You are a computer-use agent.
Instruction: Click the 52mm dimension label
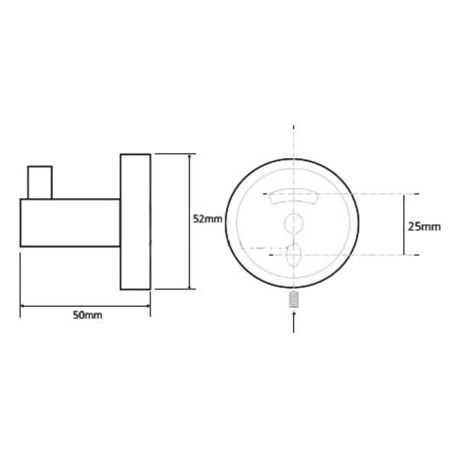tap(208, 219)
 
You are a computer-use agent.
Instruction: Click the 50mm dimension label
tap(88, 315)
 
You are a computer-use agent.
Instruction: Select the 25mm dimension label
tap(424, 227)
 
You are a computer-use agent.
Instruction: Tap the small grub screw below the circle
tap(294, 299)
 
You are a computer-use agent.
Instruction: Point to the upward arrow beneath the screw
tap(294, 321)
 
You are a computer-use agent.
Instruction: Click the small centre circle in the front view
tap(294, 223)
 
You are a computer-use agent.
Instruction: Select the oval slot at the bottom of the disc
tap(294, 254)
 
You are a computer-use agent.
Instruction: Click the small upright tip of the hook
tap(40, 182)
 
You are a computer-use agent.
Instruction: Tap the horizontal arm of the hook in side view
tap(70, 223)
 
